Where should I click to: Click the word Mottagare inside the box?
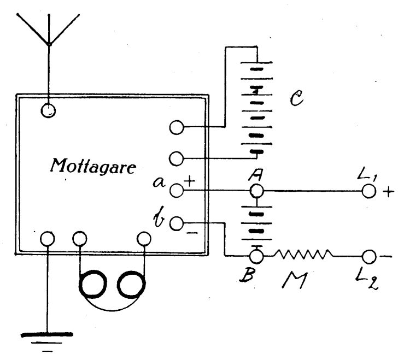[93, 167]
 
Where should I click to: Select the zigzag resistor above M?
[303, 254]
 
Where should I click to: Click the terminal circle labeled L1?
[368, 191]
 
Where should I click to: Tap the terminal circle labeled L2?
[368, 257]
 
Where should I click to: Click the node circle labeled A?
[256, 191]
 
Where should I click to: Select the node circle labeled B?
[256, 256]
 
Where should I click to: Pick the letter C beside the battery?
[296, 98]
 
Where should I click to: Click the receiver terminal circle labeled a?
[177, 191]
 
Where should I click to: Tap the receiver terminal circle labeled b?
[177, 223]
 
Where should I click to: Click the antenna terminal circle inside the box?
[48, 110]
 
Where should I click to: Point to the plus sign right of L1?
[389, 192]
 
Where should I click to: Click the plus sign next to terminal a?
[190, 181]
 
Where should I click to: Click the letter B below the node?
[247, 275]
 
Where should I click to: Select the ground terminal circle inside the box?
[48, 239]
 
